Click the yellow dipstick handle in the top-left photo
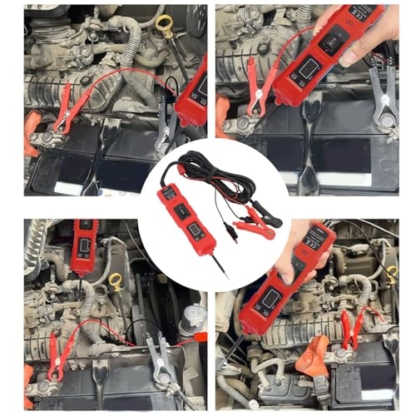[164, 23]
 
